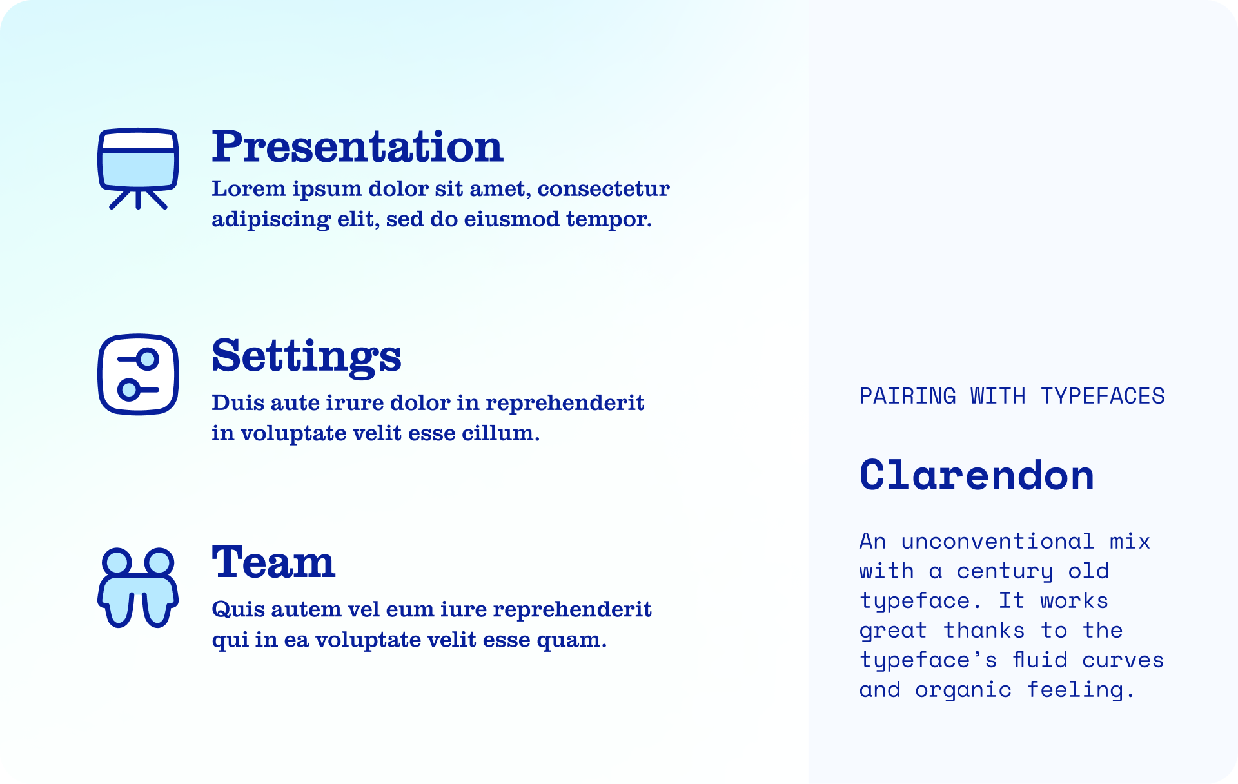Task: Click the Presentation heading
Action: click(x=357, y=146)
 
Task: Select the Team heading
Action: click(x=273, y=562)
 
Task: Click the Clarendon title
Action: click(x=977, y=475)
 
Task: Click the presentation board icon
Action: click(x=138, y=168)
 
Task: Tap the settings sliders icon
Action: click(x=138, y=374)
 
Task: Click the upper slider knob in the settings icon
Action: click(x=148, y=358)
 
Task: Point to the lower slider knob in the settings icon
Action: click(x=128, y=389)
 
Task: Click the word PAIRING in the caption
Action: click(x=908, y=396)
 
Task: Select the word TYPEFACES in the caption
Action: click(x=1103, y=396)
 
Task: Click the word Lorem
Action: click(x=249, y=188)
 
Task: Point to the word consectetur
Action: click(x=604, y=189)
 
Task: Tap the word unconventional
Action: click(x=997, y=541)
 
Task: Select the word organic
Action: click(x=963, y=691)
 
